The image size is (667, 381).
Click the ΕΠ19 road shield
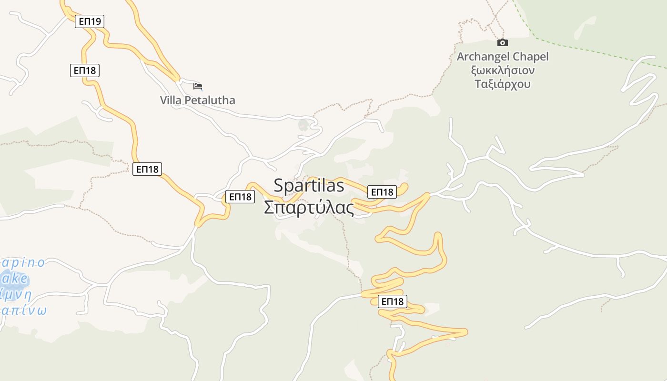(90, 21)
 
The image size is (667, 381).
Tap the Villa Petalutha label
(197, 100)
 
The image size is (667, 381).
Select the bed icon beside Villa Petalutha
(198, 86)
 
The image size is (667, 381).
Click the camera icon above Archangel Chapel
(502, 43)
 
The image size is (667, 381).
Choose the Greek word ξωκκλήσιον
(503, 70)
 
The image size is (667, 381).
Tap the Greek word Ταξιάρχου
(503, 84)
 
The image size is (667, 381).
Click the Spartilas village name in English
(309, 186)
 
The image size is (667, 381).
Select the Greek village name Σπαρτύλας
(309, 208)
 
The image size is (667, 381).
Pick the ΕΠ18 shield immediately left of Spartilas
(240, 197)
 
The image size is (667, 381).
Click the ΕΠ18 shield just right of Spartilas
(382, 192)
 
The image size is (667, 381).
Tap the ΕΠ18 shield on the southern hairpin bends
(393, 301)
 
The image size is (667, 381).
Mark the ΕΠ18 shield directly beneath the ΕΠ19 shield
(85, 70)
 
